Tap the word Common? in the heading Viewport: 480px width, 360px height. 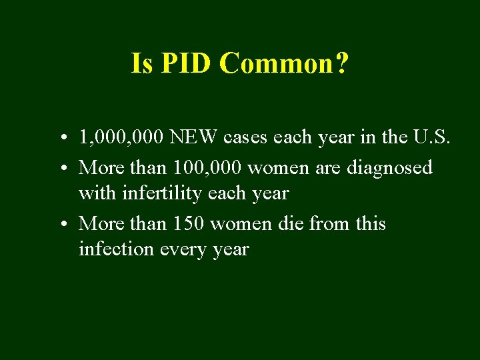283,64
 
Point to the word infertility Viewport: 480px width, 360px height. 156,194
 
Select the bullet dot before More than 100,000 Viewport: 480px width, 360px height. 61,167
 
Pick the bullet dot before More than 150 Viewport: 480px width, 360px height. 61,224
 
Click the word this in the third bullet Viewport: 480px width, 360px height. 370,223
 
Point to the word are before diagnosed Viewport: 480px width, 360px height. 328,167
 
